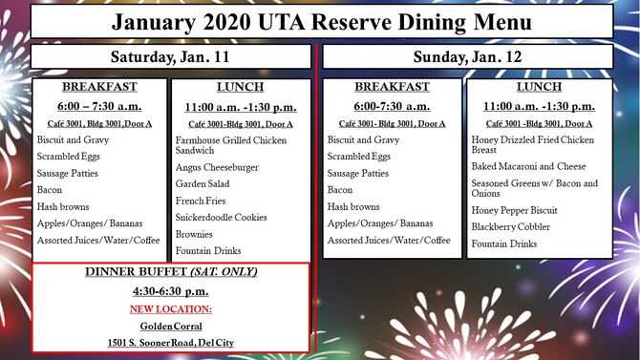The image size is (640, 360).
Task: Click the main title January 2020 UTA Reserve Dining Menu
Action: (x=321, y=21)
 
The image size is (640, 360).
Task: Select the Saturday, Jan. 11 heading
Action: (x=171, y=57)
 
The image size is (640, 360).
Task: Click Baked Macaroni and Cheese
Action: (x=529, y=166)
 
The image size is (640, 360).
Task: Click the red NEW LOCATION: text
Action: (x=172, y=308)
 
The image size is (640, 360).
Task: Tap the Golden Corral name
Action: (x=172, y=326)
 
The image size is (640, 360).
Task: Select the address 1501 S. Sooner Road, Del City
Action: (x=172, y=342)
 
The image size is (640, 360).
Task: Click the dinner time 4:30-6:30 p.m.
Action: (x=172, y=290)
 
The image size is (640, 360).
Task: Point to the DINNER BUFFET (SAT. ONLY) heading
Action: (x=172, y=272)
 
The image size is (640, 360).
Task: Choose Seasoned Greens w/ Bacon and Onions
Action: (x=535, y=188)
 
